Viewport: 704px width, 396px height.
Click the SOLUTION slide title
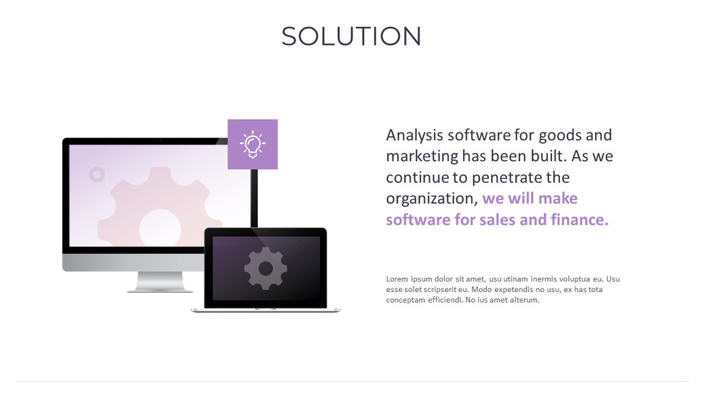[x=351, y=36]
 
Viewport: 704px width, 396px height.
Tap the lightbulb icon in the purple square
[x=252, y=144]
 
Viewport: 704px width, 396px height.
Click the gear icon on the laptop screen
[x=266, y=269]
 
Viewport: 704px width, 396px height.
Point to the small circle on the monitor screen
[x=97, y=174]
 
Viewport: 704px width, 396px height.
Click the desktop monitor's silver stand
[x=160, y=282]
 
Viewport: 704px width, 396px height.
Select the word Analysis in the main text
[x=414, y=135]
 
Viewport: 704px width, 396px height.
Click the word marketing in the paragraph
[x=421, y=156]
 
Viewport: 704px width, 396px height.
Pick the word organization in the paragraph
[x=430, y=199]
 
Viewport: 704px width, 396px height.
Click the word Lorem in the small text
[x=398, y=279]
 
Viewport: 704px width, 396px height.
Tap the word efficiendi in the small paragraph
[x=445, y=301]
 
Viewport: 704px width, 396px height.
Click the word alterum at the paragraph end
[x=524, y=301]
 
